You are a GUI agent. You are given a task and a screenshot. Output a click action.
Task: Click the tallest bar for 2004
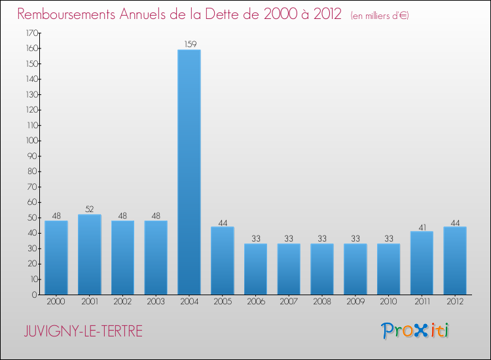[x=189, y=172]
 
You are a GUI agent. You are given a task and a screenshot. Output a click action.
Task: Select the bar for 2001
[x=89, y=255]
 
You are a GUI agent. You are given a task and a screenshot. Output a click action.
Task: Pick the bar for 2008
[x=321, y=269]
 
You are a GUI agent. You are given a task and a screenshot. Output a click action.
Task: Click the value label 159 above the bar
[x=189, y=45]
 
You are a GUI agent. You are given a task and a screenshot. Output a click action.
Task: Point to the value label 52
[x=89, y=209]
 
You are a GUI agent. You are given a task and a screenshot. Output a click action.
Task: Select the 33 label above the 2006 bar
[x=255, y=239]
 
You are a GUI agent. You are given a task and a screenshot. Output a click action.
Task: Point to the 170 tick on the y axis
[x=29, y=33]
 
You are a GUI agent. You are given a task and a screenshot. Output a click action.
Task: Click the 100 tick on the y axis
[x=29, y=141]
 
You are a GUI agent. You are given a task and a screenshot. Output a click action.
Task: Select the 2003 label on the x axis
[x=156, y=302]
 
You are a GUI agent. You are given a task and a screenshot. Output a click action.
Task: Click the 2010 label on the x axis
[x=388, y=302]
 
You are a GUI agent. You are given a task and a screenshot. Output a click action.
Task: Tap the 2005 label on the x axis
[x=222, y=302]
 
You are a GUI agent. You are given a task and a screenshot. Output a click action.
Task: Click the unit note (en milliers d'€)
[x=380, y=15]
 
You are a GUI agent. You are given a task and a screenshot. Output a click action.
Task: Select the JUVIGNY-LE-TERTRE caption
[x=82, y=331]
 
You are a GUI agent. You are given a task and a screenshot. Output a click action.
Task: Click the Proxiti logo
[x=416, y=331]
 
